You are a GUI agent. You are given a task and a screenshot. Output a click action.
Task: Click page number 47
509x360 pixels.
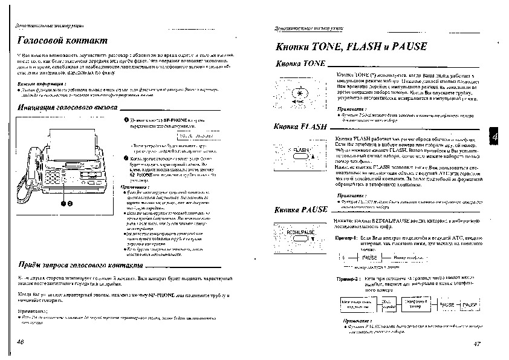pyautogui.click(x=477, y=344)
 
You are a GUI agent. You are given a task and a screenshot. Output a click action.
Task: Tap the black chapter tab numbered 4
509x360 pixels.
pyautogui.click(x=494, y=138)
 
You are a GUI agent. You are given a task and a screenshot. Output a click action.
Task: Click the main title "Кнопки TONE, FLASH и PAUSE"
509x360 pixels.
pyautogui.click(x=351, y=47)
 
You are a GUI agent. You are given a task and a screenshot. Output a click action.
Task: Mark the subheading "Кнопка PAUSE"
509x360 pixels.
pyautogui.click(x=300, y=209)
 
